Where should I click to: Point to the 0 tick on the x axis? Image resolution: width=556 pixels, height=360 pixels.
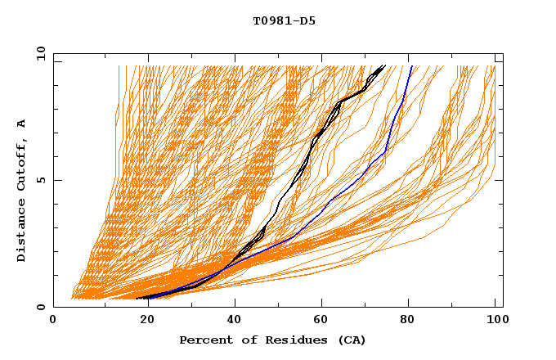pyautogui.click(x=53, y=321)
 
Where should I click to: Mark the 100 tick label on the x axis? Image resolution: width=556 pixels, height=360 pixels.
pyautogui.click(x=495, y=321)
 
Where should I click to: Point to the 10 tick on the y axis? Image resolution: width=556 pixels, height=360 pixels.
pyautogui.click(x=38, y=53)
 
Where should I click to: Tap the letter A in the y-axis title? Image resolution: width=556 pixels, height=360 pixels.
pyautogui.click(x=22, y=123)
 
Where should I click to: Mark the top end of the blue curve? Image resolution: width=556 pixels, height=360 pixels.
pyautogui.click(x=412, y=66)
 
